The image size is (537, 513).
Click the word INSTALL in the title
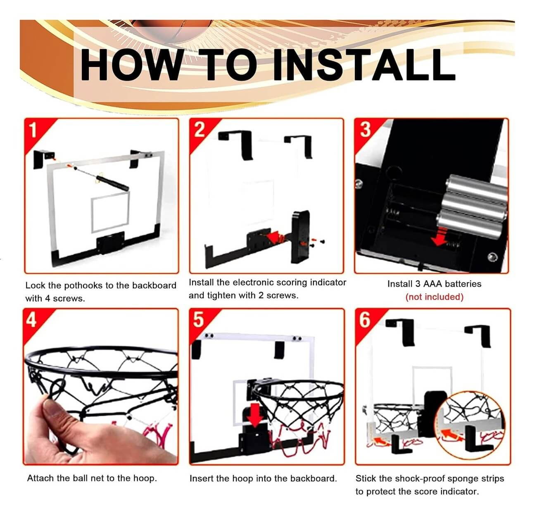click(365, 64)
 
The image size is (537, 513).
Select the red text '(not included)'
click(434, 297)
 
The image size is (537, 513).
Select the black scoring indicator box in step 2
click(300, 237)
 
